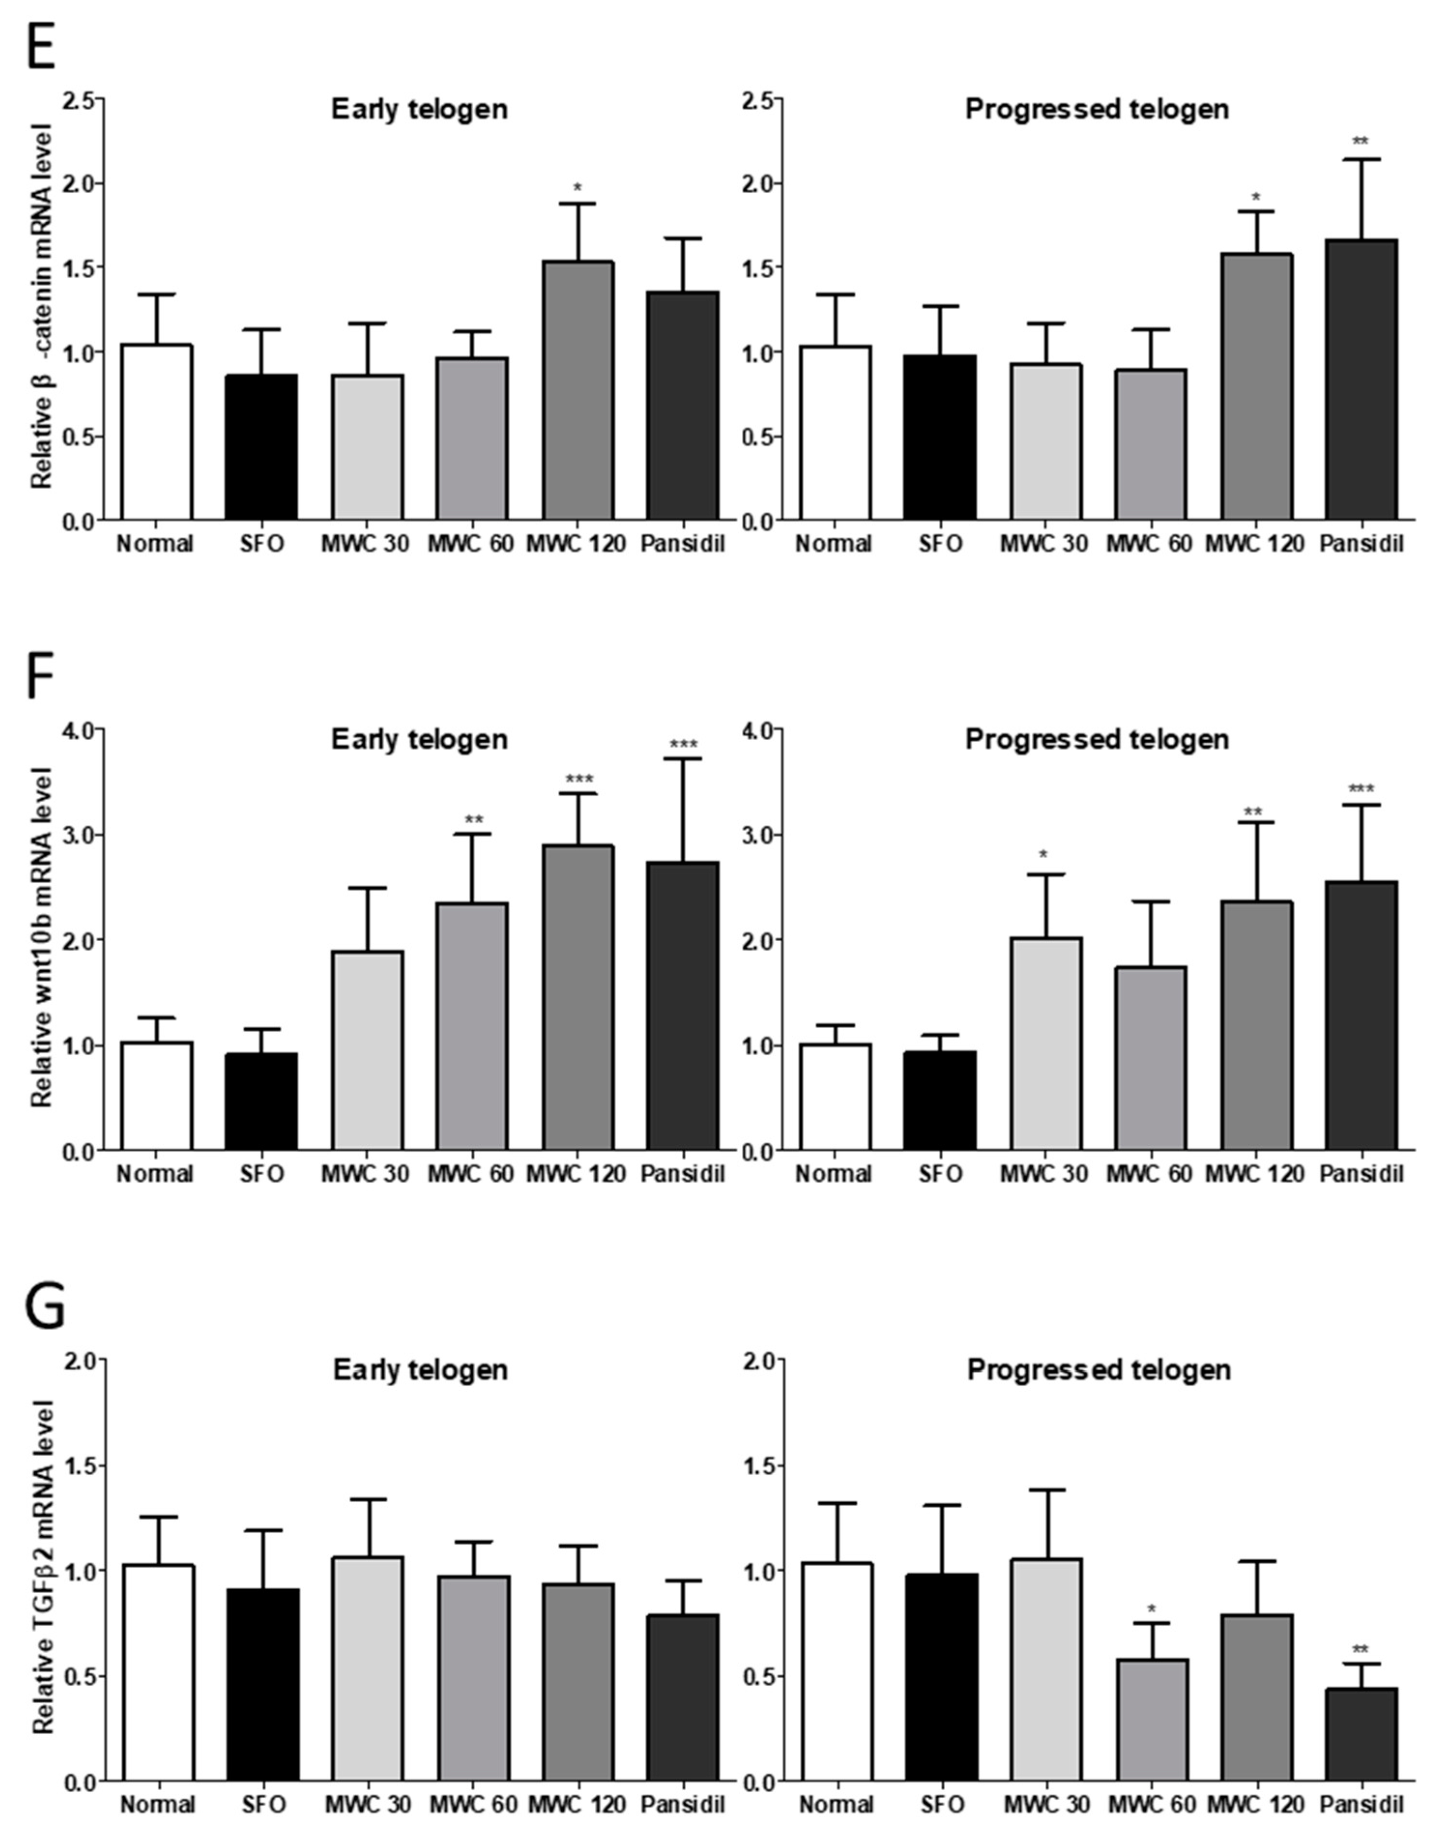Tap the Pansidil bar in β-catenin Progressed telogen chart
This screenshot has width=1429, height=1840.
coord(1361,379)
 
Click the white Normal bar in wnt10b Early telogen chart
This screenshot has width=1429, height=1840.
coord(157,1095)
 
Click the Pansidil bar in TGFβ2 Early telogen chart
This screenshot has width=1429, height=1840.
coord(682,1697)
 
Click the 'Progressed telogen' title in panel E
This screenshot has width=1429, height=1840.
coord(1097,110)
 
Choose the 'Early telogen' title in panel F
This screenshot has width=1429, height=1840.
coord(419,740)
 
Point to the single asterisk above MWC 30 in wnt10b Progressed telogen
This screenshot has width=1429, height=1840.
coord(1044,856)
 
